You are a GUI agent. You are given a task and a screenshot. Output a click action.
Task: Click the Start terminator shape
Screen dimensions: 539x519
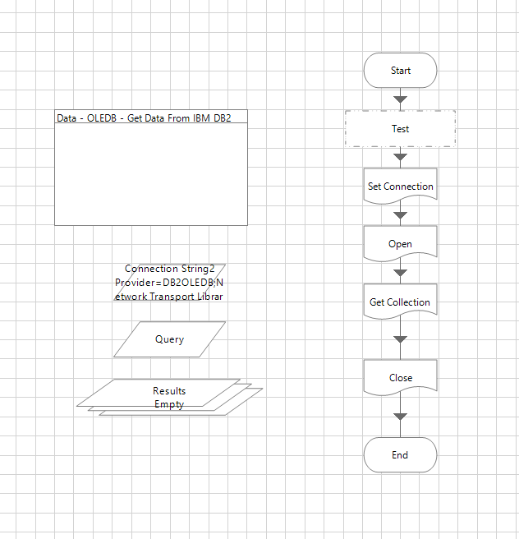pos(400,71)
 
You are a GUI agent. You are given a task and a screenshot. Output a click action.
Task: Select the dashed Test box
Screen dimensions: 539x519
pos(400,129)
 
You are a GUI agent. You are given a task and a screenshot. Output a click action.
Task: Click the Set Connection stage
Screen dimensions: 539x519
pos(400,186)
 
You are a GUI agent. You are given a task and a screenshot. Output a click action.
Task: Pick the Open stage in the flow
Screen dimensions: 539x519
pos(400,243)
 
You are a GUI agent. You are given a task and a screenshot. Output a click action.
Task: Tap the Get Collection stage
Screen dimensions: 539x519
pos(400,302)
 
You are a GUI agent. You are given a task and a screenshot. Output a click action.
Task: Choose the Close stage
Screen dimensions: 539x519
pos(400,377)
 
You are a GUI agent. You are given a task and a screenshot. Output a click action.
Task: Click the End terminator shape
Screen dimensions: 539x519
pos(400,455)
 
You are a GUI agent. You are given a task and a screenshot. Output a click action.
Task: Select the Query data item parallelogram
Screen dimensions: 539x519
pos(169,339)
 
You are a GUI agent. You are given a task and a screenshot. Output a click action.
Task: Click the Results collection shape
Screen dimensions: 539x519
pos(169,391)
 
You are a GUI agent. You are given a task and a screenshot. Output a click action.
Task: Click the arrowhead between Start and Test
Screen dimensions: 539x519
pos(400,99)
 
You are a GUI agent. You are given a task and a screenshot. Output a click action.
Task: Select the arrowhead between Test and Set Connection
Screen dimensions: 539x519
pos(400,157)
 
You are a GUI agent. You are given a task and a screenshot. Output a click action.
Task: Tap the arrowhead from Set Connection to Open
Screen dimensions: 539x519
pos(400,215)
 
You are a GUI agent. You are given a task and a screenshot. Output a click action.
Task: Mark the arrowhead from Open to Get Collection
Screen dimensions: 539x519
pos(400,273)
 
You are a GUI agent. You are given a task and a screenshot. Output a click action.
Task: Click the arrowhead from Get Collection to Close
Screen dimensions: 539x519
pos(400,339)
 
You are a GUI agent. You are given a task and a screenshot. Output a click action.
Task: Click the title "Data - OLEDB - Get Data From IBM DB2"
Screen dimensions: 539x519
pos(144,117)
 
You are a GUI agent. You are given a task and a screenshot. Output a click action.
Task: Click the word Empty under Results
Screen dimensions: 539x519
pos(169,404)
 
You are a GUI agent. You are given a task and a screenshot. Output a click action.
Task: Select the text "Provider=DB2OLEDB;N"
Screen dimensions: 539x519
pos(169,282)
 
